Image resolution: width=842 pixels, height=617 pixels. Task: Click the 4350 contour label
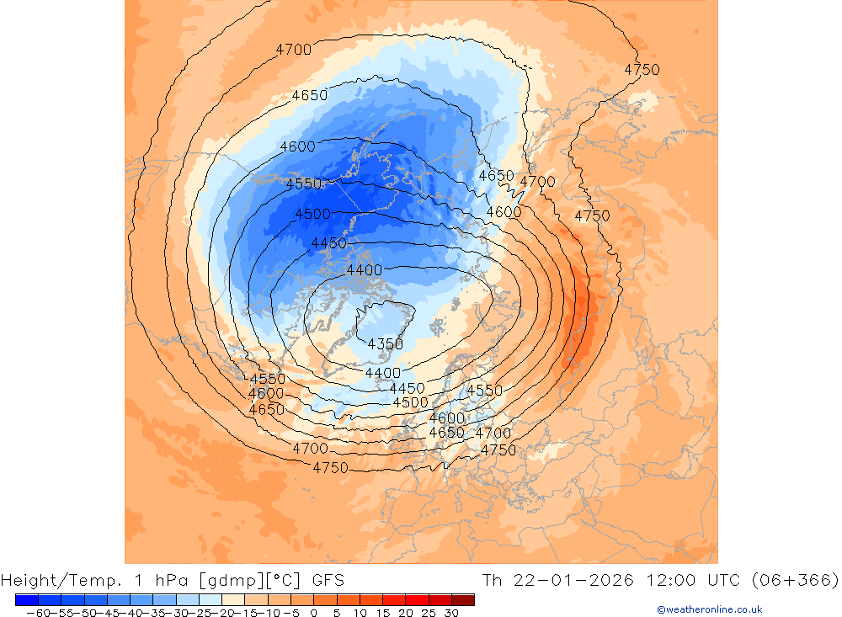tap(386, 343)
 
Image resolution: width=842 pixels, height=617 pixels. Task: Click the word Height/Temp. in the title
tap(52, 580)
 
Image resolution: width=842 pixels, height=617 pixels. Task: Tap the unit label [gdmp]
tap(217, 580)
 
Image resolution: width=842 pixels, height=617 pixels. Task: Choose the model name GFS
tap(328, 580)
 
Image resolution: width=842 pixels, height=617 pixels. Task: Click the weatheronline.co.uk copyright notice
tap(709, 609)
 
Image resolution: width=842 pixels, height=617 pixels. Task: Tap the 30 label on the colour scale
tap(450, 613)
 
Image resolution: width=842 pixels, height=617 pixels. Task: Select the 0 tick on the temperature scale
tap(313, 613)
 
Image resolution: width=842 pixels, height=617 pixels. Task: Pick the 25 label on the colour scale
tap(428, 613)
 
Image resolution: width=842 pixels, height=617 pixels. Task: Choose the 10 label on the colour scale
tap(359, 613)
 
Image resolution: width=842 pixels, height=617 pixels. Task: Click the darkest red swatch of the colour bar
tap(462, 599)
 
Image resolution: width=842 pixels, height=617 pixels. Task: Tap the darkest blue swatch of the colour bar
tap(27, 599)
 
